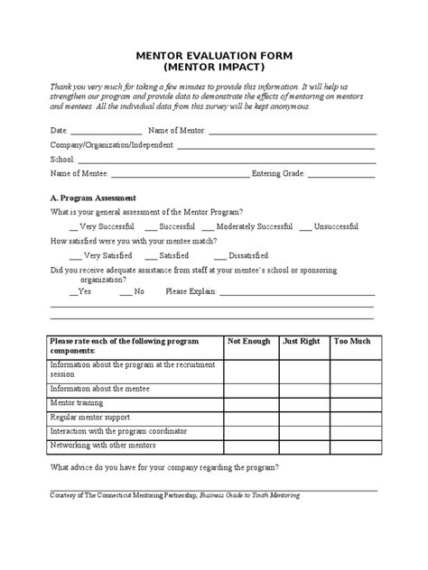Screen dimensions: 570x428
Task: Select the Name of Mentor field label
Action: coord(177,130)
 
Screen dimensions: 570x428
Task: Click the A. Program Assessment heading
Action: coord(93,198)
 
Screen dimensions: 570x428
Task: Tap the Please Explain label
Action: coord(191,291)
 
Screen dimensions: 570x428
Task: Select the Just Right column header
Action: coord(302,343)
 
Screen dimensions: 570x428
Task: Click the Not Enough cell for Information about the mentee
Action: coord(250,390)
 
